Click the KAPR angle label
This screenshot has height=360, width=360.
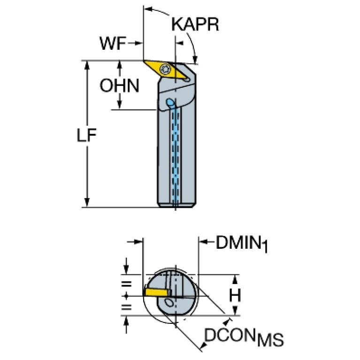pos(195,24)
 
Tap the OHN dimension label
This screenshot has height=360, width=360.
pos(119,85)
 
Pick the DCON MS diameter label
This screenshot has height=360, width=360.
pos(244,337)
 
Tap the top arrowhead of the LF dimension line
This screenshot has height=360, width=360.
pos(87,64)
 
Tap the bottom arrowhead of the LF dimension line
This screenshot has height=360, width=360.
pos(87,202)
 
